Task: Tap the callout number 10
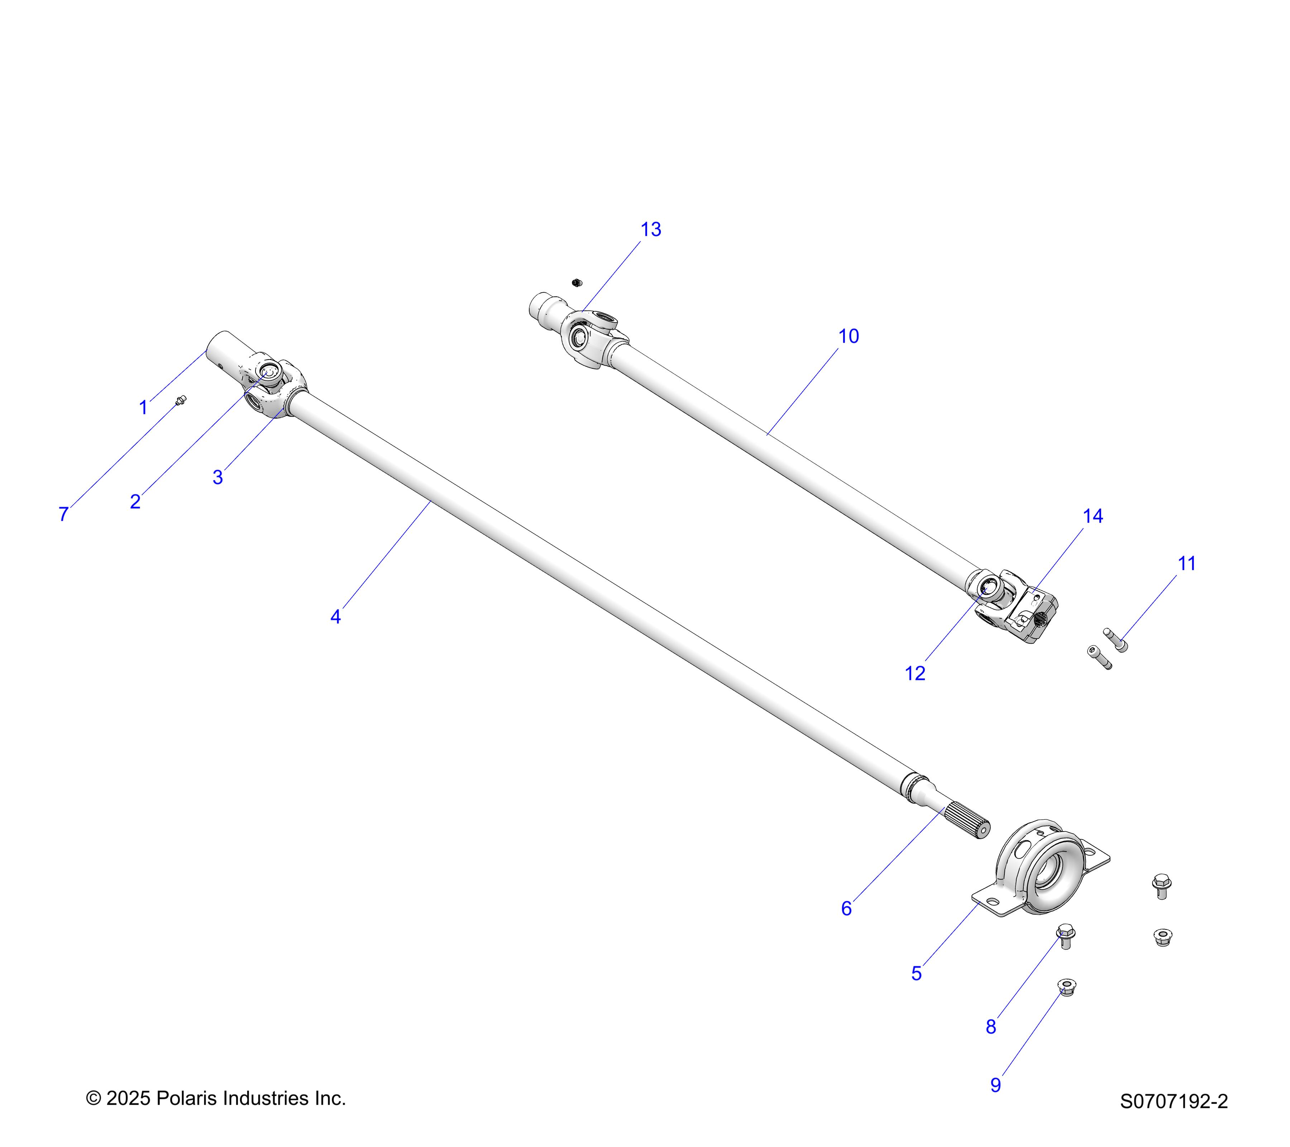pyautogui.click(x=848, y=337)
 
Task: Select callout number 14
pyautogui.click(x=1093, y=517)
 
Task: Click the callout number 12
pyautogui.click(x=914, y=674)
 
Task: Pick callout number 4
pyautogui.click(x=336, y=617)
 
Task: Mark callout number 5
pyautogui.click(x=916, y=974)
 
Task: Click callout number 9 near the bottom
pyautogui.click(x=995, y=1085)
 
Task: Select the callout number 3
pyautogui.click(x=218, y=477)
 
